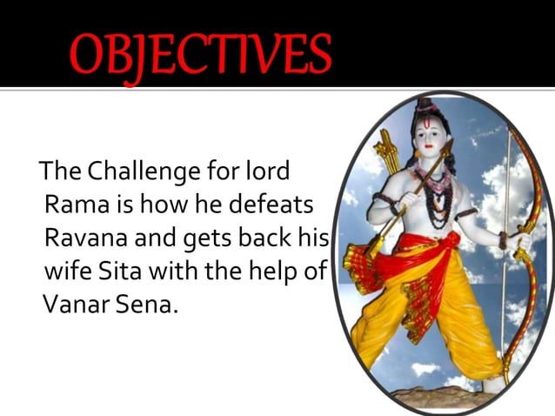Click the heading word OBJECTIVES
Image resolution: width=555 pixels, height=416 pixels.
201,54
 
